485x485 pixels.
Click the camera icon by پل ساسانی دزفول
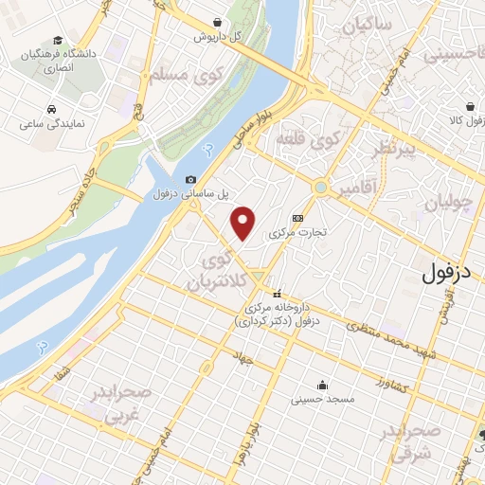[x=191, y=180]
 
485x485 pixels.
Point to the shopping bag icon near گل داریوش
[x=219, y=21]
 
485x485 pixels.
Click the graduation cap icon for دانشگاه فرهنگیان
[x=59, y=41]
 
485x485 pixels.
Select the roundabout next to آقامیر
[x=321, y=189]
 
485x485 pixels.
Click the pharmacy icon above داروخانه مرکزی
[x=278, y=293]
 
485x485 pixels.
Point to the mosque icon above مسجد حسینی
[x=323, y=385]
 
